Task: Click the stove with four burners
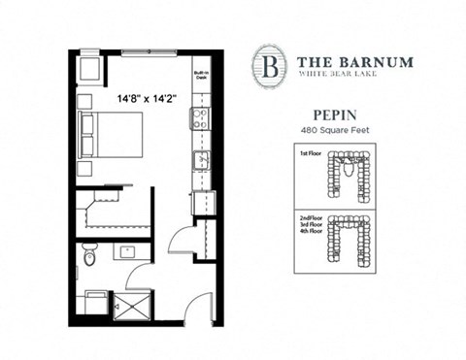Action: click(x=202, y=119)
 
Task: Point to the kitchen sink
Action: click(x=202, y=160)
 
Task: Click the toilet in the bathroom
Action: click(x=88, y=254)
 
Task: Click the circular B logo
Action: click(x=266, y=62)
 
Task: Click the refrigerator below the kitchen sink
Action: click(x=203, y=202)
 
